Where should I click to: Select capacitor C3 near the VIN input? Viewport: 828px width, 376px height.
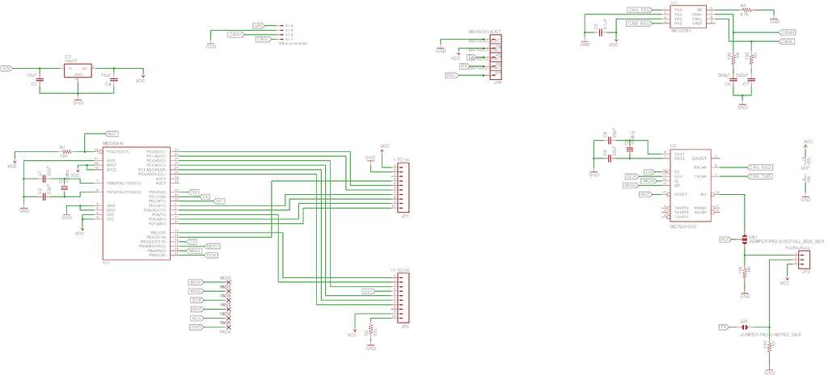click(43, 80)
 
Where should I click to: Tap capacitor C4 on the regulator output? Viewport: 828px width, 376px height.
click(114, 80)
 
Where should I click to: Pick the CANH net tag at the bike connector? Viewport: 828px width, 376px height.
click(236, 35)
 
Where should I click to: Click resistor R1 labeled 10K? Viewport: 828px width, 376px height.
click(65, 151)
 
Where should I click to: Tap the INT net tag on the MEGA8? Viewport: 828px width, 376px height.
click(219, 201)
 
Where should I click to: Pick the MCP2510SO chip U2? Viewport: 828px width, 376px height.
click(690, 186)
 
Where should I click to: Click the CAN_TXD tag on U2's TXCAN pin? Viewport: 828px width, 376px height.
click(759, 175)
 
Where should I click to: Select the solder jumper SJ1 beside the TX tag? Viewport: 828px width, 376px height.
click(744, 327)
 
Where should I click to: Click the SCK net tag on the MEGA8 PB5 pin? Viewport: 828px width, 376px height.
click(211, 255)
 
